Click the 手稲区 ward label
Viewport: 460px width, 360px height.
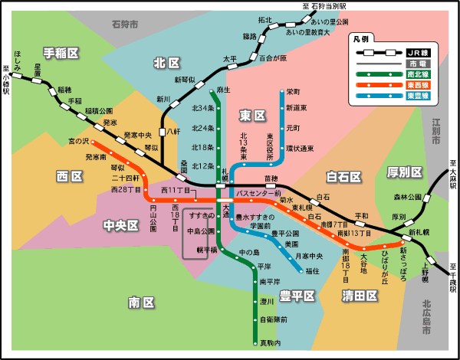coord(61,53)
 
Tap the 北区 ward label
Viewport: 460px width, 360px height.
coord(166,63)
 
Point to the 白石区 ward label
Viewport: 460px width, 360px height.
coord(343,178)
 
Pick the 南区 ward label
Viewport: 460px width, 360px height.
coord(142,302)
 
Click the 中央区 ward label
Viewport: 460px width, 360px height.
coord(121,225)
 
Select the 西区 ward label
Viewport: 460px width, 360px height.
coord(69,176)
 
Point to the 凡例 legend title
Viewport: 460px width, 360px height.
coord(360,38)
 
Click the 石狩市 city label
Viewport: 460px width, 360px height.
coord(124,25)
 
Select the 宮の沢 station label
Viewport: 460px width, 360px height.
coord(79,142)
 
